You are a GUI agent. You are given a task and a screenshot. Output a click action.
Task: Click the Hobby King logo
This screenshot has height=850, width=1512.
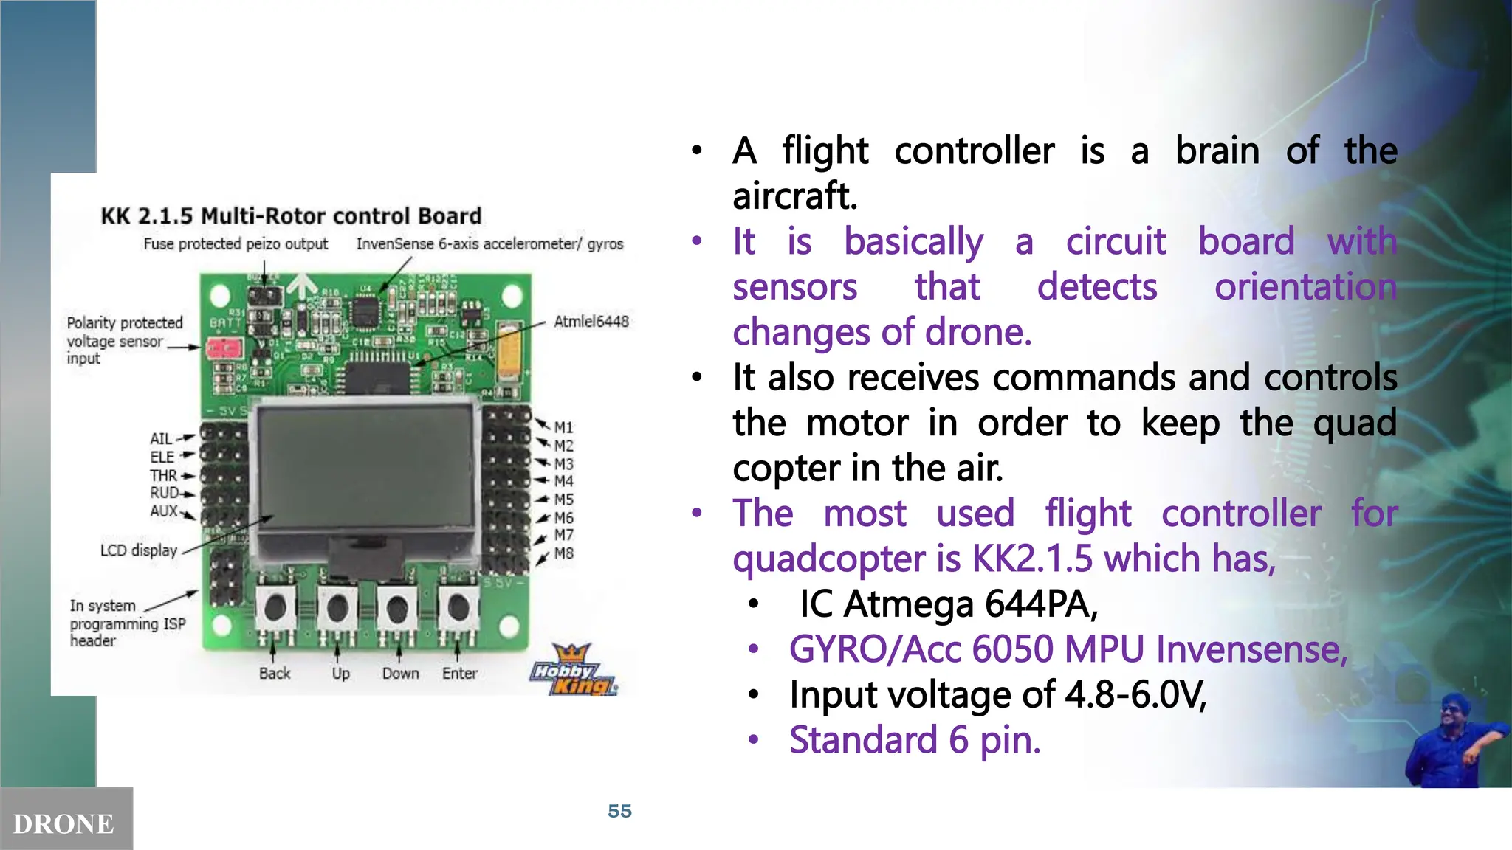pos(573,671)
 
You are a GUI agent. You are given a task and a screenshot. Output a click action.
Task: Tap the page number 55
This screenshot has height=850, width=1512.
pos(619,811)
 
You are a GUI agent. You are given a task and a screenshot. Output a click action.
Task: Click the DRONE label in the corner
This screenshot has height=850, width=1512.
pos(63,823)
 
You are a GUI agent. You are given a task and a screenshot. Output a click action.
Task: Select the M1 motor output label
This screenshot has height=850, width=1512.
pos(563,427)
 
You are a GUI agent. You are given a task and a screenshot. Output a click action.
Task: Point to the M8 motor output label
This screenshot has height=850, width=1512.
pos(563,553)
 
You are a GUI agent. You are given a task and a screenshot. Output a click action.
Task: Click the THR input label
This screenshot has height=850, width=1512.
pos(163,475)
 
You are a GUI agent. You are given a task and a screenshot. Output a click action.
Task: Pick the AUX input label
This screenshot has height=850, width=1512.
pos(164,511)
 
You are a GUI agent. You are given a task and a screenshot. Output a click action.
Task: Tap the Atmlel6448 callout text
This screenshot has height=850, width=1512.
pos(591,321)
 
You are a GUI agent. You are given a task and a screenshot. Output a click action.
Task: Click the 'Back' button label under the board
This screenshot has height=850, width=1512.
pos(275,673)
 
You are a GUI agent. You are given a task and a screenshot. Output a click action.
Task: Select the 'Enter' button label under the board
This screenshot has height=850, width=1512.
pos(459,673)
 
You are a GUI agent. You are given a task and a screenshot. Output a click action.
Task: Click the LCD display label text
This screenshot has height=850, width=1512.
pos(139,550)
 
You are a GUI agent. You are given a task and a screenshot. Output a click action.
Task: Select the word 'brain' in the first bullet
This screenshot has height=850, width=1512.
pos(1217,151)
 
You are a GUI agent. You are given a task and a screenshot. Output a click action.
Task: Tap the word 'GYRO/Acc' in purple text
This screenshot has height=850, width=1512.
pos(875,649)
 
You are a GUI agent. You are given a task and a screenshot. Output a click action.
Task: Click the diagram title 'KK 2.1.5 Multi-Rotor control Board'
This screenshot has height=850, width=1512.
pos(291,215)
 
